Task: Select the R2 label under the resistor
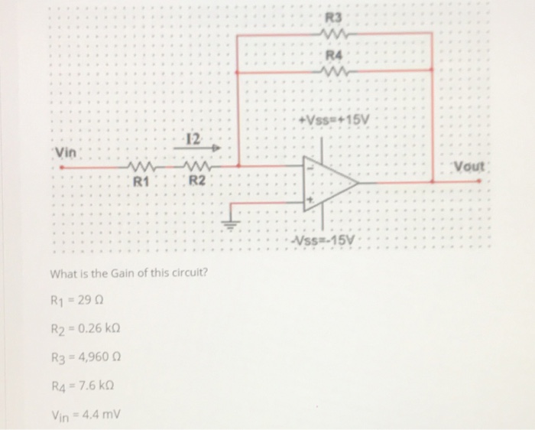[197, 181]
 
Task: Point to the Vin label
[67, 151]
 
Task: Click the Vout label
[469, 166]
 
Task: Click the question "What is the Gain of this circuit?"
[129, 275]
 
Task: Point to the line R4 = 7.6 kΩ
[85, 385]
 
